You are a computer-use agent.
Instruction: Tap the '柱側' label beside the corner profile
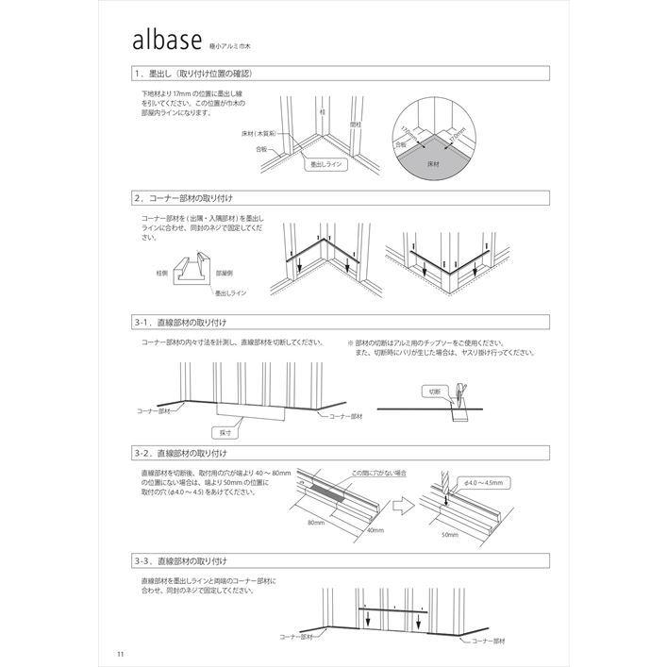[x=162, y=273]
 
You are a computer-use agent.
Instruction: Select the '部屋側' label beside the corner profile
[x=225, y=273]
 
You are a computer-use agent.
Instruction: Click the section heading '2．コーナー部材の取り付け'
[x=184, y=199]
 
